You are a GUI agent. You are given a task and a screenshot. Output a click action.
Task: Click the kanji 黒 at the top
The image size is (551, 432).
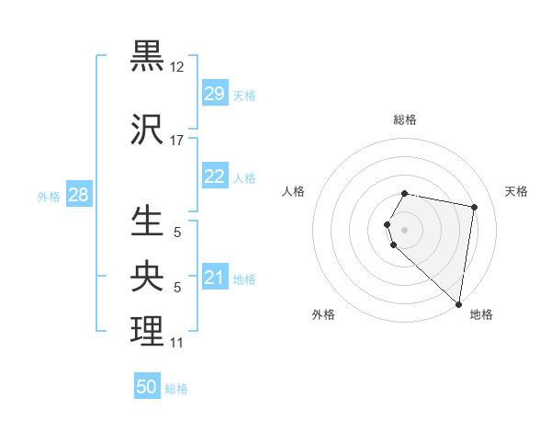[148, 56]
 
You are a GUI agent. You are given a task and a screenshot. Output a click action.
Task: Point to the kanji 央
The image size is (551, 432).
[148, 276]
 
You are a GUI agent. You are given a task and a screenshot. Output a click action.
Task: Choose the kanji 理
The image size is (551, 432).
[148, 331]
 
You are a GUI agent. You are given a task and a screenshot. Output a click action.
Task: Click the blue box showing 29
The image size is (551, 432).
[215, 95]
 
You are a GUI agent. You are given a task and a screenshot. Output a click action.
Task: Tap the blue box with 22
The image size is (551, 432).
[215, 177]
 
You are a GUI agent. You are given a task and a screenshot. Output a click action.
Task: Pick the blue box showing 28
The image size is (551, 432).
[78, 196]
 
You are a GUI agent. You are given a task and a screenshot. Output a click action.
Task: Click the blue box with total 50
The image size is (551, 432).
[147, 388]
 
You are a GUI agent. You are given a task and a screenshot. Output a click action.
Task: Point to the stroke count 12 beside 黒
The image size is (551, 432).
[177, 67]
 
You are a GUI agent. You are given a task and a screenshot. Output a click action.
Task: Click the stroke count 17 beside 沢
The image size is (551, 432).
[177, 141]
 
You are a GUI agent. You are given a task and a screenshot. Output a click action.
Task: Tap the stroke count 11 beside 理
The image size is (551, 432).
[177, 343]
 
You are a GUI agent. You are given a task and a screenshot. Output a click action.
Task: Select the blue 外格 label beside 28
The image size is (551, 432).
[48, 197]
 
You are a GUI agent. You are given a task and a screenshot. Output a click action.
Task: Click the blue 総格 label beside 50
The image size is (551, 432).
[176, 389]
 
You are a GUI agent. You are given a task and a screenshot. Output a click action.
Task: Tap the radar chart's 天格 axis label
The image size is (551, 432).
[516, 191]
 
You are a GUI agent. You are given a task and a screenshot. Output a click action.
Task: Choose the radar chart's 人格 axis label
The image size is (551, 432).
[293, 191]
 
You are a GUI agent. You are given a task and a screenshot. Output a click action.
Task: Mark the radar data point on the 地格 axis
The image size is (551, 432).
[458, 303]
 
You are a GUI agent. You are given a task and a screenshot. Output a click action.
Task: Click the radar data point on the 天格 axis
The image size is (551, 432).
[474, 208]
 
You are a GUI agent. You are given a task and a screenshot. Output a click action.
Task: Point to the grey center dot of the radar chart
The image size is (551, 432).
[404, 229]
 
